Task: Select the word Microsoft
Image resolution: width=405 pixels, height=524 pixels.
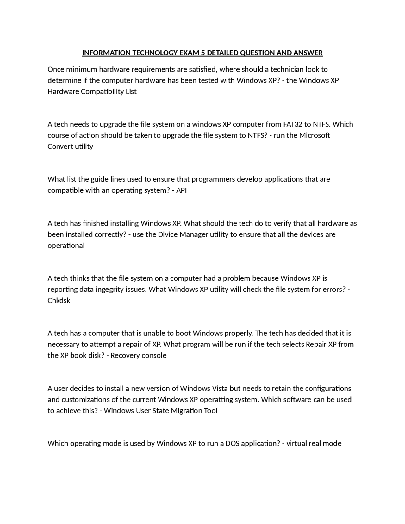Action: [x=315, y=135]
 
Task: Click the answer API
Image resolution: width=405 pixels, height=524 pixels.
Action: [x=181, y=190]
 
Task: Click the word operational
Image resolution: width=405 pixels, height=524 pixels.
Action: [x=66, y=246]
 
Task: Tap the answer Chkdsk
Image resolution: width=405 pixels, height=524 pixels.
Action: [x=59, y=300]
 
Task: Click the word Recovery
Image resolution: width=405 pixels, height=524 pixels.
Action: [x=125, y=355]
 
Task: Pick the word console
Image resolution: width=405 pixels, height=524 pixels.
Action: [x=154, y=355]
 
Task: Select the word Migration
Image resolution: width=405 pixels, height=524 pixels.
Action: [x=186, y=410]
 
